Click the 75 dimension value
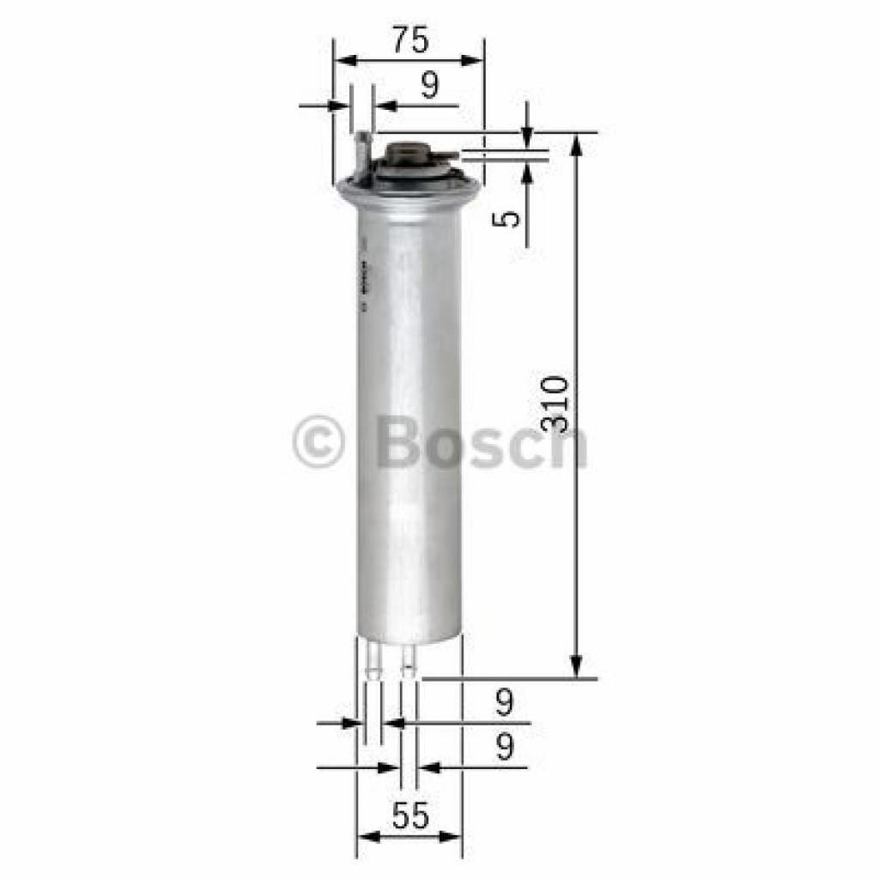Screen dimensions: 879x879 click(409, 40)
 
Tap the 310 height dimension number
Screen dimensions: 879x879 click(556, 403)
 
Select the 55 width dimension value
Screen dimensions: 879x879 click(409, 815)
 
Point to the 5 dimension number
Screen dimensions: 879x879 click(510, 218)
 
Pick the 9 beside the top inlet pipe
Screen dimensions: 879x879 click(429, 85)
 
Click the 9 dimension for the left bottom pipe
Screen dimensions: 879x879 click(505, 704)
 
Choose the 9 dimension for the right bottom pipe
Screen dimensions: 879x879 click(505, 748)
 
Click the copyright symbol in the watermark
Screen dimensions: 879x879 click(318, 443)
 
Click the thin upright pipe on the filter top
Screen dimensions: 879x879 click(364, 155)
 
